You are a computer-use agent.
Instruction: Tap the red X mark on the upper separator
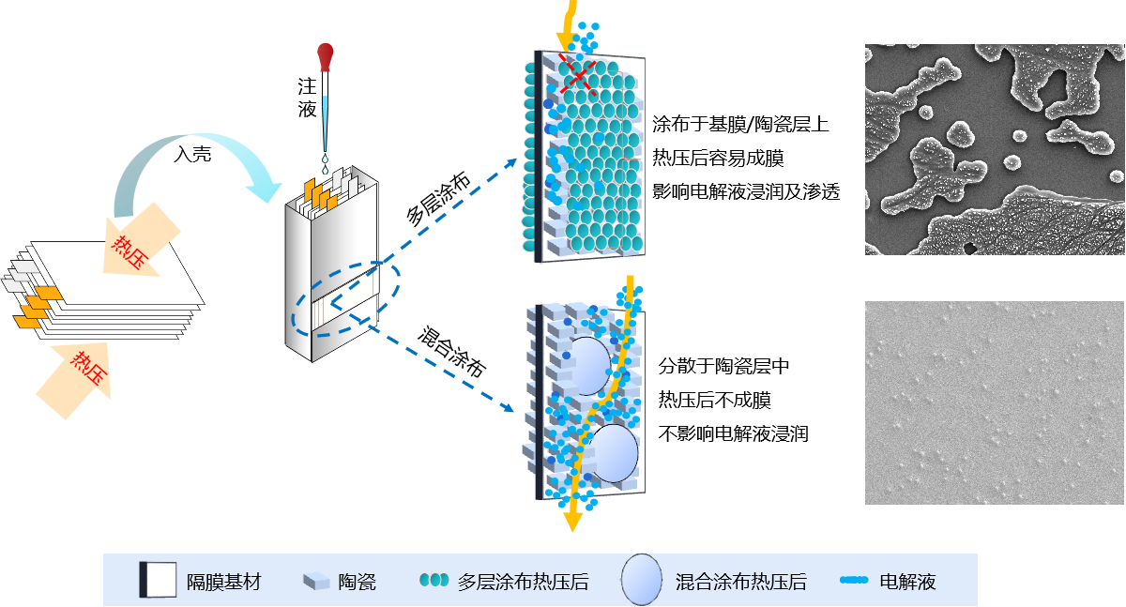click(579, 72)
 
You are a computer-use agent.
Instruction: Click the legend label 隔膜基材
click(223, 582)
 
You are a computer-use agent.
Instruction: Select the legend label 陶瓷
click(358, 582)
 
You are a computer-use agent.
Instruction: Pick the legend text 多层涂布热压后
click(523, 582)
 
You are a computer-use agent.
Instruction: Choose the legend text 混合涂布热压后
click(741, 582)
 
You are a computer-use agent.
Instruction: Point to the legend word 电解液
click(907, 582)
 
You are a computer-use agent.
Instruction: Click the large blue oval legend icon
click(642, 579)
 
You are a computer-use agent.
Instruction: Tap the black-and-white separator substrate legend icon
click(158, 580)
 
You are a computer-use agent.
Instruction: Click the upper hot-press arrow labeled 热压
click(136, 246)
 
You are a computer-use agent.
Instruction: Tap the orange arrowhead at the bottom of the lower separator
click(571, 521)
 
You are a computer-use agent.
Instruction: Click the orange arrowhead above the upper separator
click(566, 41)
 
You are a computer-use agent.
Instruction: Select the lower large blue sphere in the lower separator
click(614, 454)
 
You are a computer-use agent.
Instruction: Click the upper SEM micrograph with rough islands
click(994, 148)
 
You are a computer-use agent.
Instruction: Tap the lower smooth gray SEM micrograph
click(994, 402)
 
